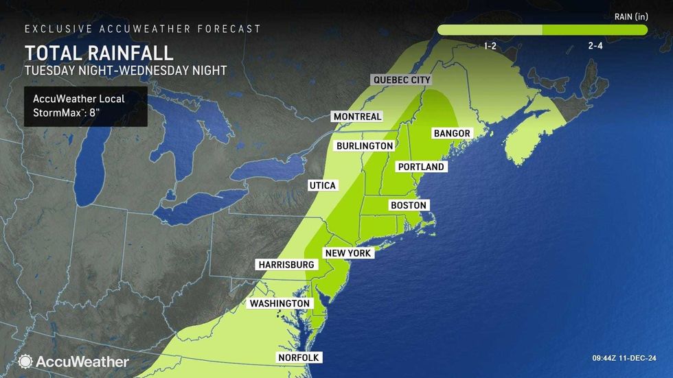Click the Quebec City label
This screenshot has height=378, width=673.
point(402,80)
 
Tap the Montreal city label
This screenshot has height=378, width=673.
point(357,117)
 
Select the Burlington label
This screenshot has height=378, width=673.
point(365,146)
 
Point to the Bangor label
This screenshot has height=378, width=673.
point(452,133)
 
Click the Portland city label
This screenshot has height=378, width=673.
point(422,167)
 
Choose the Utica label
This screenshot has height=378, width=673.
point(322,186)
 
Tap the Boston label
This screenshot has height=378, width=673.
point(409,205)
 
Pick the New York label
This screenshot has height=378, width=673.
point(348,253)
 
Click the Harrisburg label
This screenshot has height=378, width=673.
point(286,264)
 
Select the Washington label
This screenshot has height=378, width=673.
point(280,303)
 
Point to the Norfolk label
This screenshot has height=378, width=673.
point(298,357)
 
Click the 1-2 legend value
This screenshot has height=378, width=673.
point(490,45)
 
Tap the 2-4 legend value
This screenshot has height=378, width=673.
point(595,45)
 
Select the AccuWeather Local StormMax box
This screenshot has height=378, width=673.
point(86,106)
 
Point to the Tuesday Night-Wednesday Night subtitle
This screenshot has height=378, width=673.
point(125,70)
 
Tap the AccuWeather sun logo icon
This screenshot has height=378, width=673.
point(26,361)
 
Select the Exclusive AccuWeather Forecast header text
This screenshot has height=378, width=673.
point(143,29)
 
